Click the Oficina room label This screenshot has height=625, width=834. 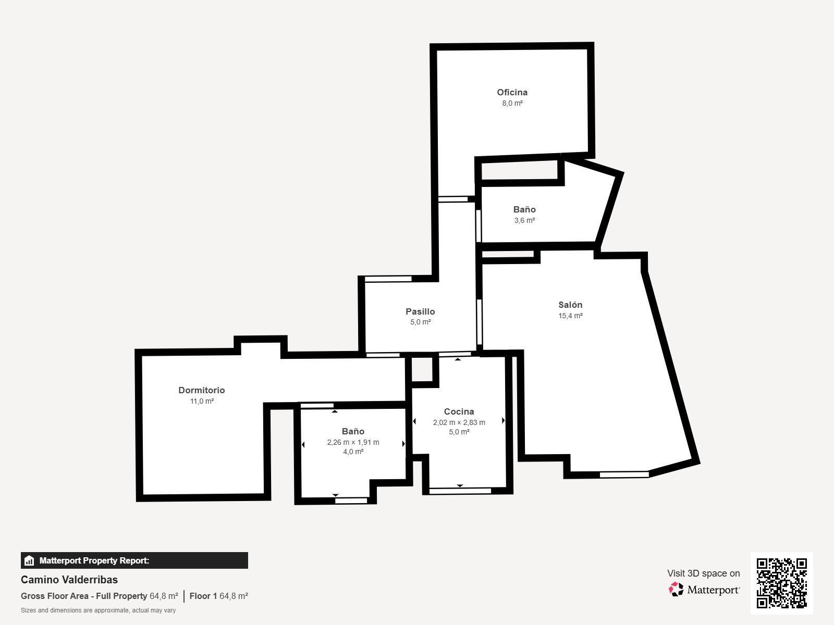pos(512,92)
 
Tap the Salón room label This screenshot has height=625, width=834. pos(570,305)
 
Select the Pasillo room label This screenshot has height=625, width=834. pos(420,311)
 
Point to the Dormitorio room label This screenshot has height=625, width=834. pos(202,390)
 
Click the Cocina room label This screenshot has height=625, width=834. pos(459,411)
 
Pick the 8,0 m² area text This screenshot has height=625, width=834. pos(512,103)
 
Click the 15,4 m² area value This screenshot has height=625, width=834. pos(570,316)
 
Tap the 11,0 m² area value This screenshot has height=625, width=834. pos(202,401)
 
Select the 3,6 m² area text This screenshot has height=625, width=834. pos(524,220)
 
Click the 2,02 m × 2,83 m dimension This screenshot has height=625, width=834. pos(459,422)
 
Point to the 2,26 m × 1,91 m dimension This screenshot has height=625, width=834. pos(353,442)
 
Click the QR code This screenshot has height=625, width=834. pos(781,583)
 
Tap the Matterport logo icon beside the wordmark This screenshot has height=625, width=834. pos(676,590)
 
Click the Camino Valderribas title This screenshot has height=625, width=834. pos(69,580)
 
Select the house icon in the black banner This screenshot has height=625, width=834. pos(29,560)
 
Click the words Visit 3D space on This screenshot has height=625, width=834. pos(704,573)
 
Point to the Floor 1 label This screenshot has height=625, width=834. pos(203,596)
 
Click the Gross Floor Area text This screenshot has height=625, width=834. pos(54,596)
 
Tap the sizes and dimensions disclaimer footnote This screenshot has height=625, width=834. pos(98,610)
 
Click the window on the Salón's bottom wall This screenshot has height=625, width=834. pos(624,474)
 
